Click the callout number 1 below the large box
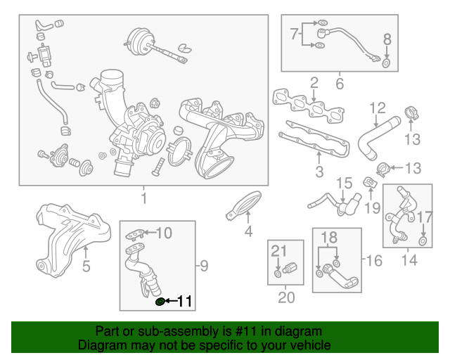[x=143, y=199]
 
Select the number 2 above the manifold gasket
[x=314, y=83]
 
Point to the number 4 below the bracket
[x=248, y=231]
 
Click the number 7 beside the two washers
[x=295, y=33]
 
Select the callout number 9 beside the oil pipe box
[x=204, y=265]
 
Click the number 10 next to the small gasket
[x=163, y=233]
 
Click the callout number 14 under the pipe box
[x=409, y=260]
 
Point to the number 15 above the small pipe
[x=343, y=184]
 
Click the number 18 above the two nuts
[x=329, y=238]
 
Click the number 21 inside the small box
[x=280, y=251]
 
